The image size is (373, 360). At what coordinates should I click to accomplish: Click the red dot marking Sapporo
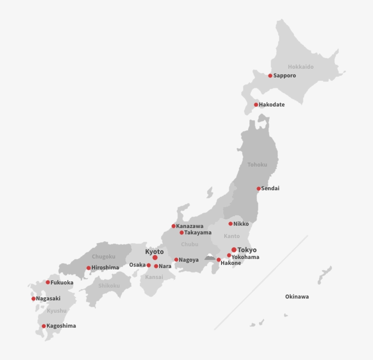[270, 76]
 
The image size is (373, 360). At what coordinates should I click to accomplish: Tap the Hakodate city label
[272, 105]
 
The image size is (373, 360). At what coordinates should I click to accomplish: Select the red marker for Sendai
[259, 188]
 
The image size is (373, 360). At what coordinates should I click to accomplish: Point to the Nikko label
[241, 224]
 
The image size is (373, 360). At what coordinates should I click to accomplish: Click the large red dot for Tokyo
[234, 250]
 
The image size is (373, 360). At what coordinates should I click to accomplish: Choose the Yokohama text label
[245, 257]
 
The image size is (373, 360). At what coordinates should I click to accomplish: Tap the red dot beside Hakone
[219, 260]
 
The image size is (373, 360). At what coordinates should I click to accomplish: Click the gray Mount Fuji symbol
[210, 258]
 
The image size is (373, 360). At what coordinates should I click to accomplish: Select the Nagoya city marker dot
[176, 260]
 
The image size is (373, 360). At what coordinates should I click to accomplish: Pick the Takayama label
[198, 233]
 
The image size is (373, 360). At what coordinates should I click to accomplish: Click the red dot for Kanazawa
[173, 226]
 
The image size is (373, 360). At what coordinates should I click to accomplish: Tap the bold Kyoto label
[154, 252]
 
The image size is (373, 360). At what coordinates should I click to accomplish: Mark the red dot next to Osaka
[149, 265]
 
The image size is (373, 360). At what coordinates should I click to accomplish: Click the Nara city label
[165, 266]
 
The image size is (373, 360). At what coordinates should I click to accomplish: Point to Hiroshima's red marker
[89, 268]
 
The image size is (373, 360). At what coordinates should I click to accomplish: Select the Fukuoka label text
[62, 283]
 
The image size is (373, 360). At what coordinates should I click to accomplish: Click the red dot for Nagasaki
[33, 299]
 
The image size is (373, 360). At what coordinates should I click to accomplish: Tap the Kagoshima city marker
[44, 326]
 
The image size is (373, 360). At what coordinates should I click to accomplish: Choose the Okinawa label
[297, 297]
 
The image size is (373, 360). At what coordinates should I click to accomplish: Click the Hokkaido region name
[301, 67]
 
